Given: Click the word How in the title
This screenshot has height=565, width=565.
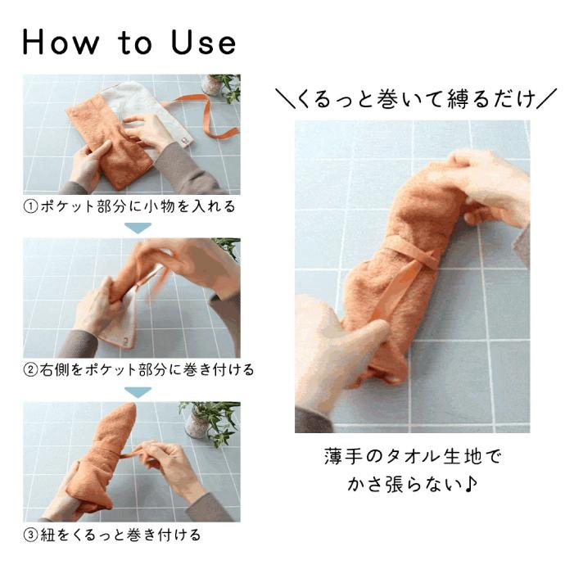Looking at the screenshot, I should (62, 43).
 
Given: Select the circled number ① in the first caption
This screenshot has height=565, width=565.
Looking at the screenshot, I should (29, 206).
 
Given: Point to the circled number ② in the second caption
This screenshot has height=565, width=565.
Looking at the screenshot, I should (29, 369).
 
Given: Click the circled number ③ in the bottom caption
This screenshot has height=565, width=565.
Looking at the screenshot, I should (29, 535).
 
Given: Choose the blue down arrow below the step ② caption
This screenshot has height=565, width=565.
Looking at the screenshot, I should (138, 391).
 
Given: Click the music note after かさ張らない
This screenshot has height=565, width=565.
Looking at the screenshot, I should (472, 485).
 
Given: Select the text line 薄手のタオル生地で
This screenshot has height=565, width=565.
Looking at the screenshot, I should (412, 456).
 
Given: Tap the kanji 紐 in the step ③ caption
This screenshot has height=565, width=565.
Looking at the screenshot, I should (47, 535).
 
